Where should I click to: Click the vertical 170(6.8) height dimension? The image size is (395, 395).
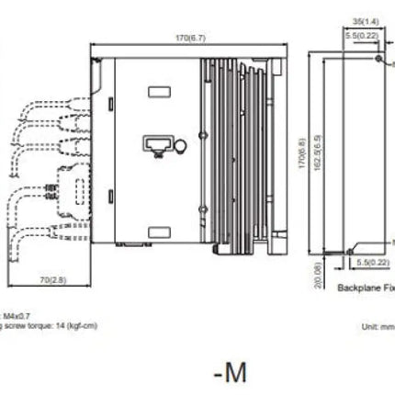click(x=303, y=149)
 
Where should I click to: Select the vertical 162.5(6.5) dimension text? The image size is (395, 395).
click(x=317, y=149)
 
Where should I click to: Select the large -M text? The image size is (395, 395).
click(x=230, y=372)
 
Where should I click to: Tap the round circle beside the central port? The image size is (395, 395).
click(x=180, y=145)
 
